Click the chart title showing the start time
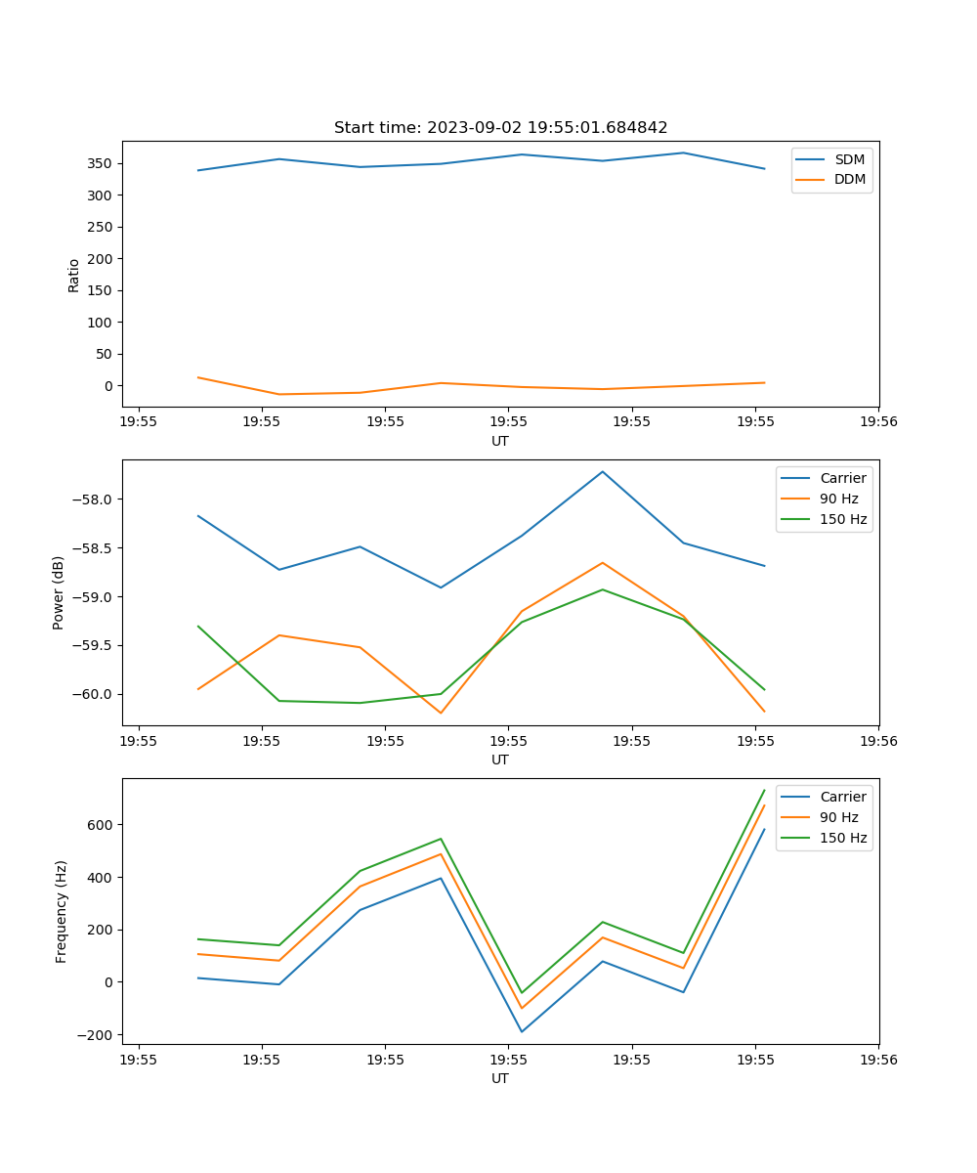pyautogui.click(x=500, y=128)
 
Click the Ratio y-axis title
pyautogui.click(x=74, y=275)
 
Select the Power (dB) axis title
pyautogui.click(x=59, y=592)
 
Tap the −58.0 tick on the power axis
pyautogui.click(x=95, y=500)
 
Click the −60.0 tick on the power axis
pyautogui.click(x=95, y=694)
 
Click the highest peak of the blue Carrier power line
pyautogui.click(x=603, y=471)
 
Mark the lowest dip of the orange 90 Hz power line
pyautogui.click(x=441, y=713)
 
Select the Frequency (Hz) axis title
pyautogui.click(x=61, y=911)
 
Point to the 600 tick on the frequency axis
pyautogui.click(x=102, y=825)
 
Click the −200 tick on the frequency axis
pyautogui.click(x=98, y=1035)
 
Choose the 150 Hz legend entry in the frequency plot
pyautogui.click(x=843, y=838)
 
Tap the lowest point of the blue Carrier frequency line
pyautogui.click(x=522, y=1031)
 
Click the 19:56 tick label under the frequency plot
pyautogui.click(x=877, y=1060)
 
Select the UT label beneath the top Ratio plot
pyautogui.click(x=500, y=441)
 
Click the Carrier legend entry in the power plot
pyautogui.click(x=842, y=478)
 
